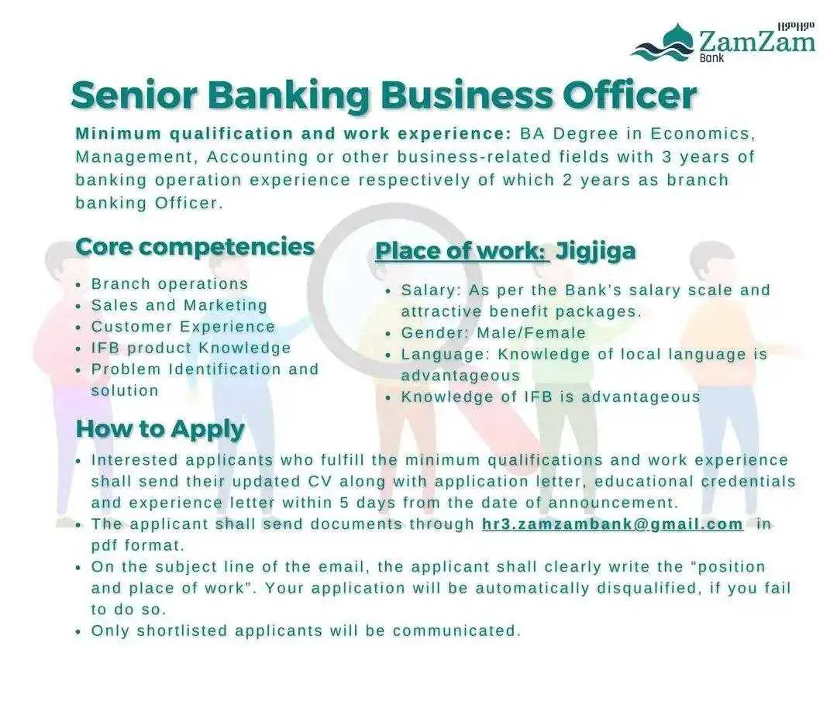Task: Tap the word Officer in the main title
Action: tap(630, 95)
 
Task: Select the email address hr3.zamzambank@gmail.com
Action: tap(612, 524)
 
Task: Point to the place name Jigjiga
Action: tap(596, 251)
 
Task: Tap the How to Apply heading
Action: tap(160, 429)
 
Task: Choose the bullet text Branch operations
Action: tap(170, 283)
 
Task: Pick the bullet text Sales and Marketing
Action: tap(179, 305)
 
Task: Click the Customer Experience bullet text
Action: tap(183, 327)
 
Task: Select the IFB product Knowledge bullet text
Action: tap(191, 348)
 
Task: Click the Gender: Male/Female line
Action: tap(493, 333)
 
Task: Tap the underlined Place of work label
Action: tap(462, 251)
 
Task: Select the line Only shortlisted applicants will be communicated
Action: tap(306, 631)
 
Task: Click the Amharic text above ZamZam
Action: tap(796, 26)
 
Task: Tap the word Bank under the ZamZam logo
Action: tap(711, 57)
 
